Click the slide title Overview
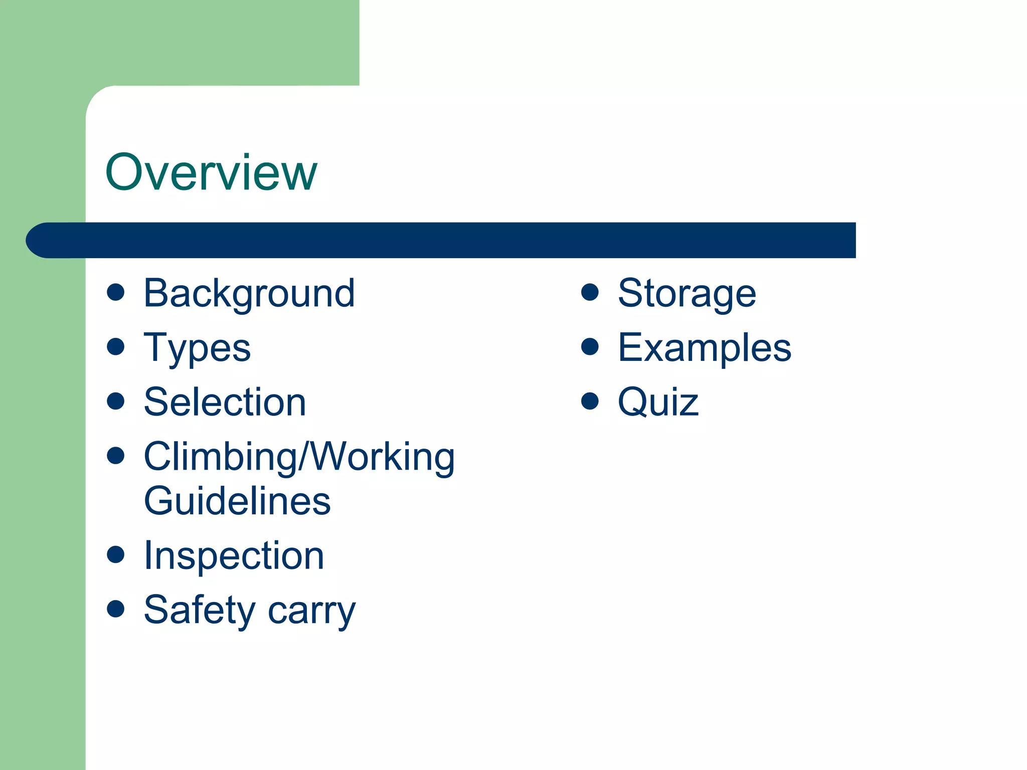tap(211, 172)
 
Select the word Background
tap(249, 293)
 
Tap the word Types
tap(197, 348)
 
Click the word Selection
tap(225, 402)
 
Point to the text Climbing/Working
tap(299, 457)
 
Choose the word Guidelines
tap(237, 501)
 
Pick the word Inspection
tap(234, 556)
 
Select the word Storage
tap(687, 293)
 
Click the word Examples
tap(705, 348)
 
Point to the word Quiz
tap(658, 402)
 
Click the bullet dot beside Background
tap(116, 292)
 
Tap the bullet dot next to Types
tap(116, 346)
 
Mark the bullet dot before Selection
tap(116, 401)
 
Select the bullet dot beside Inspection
tap(116, 554)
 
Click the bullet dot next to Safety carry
tap(116, 609)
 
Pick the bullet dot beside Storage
tap(590, 292)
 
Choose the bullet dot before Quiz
tap(590, 401)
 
